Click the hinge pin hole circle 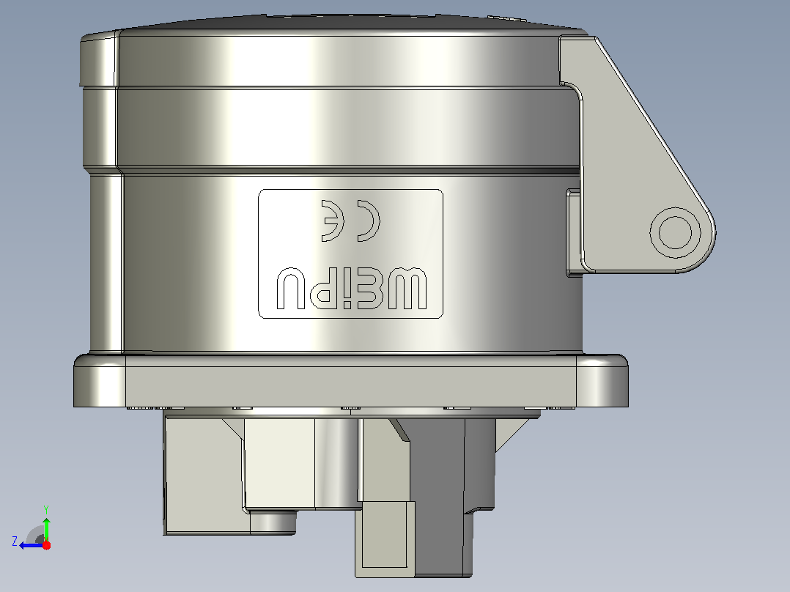(675, 232)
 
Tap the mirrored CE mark (350, 221)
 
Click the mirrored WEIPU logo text (352, 289)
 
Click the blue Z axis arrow (32, 545)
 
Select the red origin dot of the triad (46, 545)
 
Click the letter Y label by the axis (46, 509)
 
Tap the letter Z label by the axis (15, 541)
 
